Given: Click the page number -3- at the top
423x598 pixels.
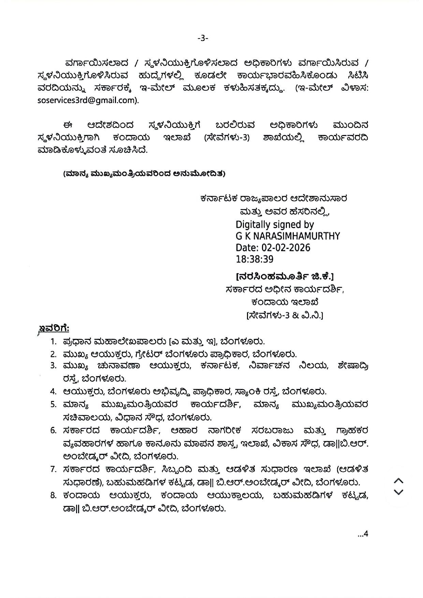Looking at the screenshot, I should tap(203, 39).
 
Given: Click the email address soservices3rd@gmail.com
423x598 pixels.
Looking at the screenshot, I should tap(88, 100).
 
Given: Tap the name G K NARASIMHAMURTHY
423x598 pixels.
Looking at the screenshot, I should tap(288, 236).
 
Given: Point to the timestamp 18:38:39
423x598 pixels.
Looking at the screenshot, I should tap(254, 259).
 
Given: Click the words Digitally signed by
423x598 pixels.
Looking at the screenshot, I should tap(275, 225).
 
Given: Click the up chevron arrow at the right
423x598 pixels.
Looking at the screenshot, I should tap(398, 481).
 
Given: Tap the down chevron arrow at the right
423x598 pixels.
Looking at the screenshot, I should tap(398, 492).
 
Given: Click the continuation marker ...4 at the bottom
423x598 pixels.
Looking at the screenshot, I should tap(363, 534).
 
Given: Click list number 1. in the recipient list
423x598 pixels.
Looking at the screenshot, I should tap(54, 341).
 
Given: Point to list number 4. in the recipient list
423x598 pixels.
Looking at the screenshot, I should tap(53, 391).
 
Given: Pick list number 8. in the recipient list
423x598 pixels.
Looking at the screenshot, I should tap(53, 495).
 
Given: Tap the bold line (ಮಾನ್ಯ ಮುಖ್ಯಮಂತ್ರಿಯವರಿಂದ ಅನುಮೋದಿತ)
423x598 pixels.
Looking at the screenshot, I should tap(144, 174).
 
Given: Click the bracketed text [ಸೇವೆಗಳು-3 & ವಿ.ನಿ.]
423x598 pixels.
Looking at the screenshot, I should tap(285, 315).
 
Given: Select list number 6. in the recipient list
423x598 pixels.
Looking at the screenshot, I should tap(53, 430).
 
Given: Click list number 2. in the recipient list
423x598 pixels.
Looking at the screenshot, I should tap(53, 354).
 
